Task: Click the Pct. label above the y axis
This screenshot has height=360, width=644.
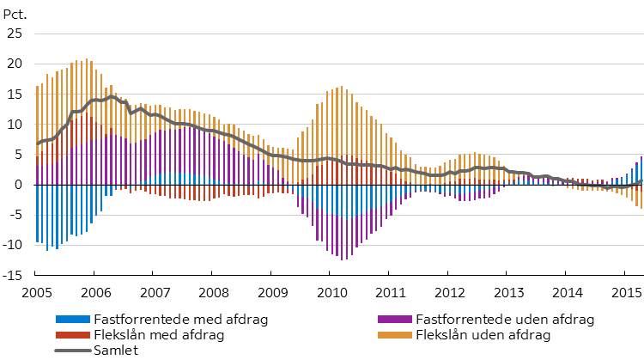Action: pyautogui.click(x=17, y=13)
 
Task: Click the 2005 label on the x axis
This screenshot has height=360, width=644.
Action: pyautogui.click(x=36, y=292)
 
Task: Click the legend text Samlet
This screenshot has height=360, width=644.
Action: pyautogui.click(x=116, y=349)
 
